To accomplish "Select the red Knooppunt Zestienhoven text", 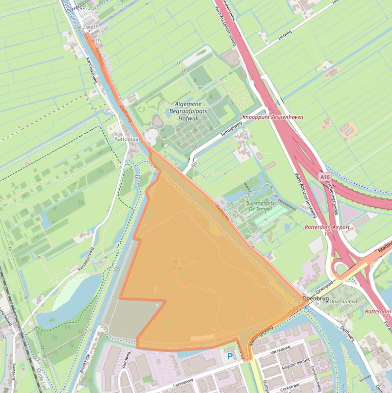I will [273, 117].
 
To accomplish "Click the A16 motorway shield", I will [325, 176].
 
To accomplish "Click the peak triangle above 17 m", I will [176, 261].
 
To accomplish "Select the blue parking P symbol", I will [230, 356].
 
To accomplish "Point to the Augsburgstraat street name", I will [295, 367].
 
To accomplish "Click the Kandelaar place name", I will [126, 138].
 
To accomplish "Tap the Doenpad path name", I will [324, 283].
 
